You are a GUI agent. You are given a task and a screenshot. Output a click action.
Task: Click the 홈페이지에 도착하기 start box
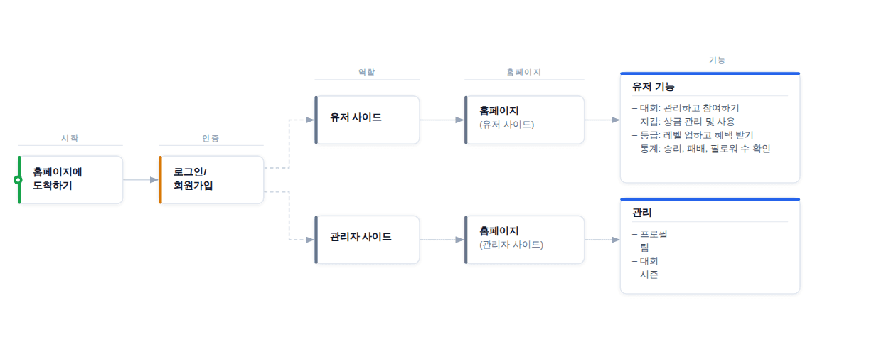pyautogui.click(x=70, y=179)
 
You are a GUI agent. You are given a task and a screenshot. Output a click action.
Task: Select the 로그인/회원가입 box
pyautogui.click(x=211, y=179)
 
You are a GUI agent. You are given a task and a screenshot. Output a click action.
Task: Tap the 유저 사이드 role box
pyautogui.click(x=367, y=120)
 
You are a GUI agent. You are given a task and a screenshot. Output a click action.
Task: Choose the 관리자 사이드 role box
pyautogui.click(x=367, y=239)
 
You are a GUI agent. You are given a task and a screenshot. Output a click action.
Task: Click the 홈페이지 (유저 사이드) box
pyautogui.click(x=525, y=120)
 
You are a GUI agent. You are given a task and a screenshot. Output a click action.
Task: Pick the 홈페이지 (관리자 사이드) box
pyautogui.click(x=525, y=239)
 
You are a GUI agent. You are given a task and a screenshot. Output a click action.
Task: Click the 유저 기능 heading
pyautogui.click(x=653, y=87)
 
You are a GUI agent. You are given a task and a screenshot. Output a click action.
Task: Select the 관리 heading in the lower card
pyautogui.click(x=642, y=213)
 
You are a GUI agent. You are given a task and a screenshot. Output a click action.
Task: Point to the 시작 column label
pyautogui.click(x=70, y=138)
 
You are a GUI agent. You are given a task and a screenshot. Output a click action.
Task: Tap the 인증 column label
pyautogui.click(x=210, y=138)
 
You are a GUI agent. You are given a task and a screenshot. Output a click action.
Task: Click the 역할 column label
pyautogui.click(x=366, y=72)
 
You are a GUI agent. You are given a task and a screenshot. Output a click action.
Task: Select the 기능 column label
pyautogui.click(x=717, y=60)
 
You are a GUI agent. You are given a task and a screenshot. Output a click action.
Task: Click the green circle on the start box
pyautogui.click(x=18, y=179)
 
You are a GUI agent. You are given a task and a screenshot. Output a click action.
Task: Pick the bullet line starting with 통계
pyautogui.click(x=700, y=149)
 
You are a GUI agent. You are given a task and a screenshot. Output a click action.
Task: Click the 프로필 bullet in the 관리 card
pyautogui.click(x=650, y=234)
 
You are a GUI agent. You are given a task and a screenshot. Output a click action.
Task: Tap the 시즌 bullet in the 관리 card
pyautogui.click(x=645, y=275)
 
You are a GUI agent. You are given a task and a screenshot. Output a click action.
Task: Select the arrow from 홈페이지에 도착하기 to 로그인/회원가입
pyautogui.click(x=141, y=180)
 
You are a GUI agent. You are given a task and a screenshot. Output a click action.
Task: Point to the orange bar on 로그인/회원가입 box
pyautogui.click(x=161, y=179)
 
